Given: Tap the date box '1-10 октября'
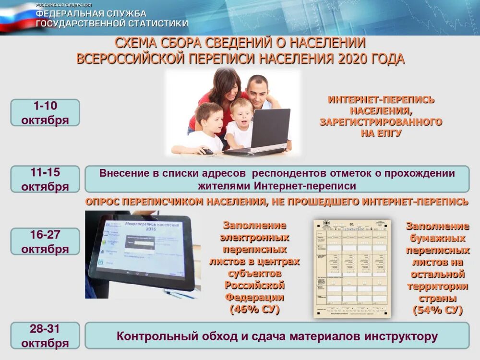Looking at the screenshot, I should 45,113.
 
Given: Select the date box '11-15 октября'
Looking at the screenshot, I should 45,179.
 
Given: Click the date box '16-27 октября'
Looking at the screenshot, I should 45,241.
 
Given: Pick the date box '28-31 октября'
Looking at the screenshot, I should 45,336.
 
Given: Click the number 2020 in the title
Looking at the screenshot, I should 355,59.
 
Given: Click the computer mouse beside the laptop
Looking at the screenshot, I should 206,151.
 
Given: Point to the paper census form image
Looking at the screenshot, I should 352,269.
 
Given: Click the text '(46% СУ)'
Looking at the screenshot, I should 254,310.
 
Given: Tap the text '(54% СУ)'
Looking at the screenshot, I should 437,311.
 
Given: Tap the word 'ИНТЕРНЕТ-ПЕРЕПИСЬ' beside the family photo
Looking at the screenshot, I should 381,100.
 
